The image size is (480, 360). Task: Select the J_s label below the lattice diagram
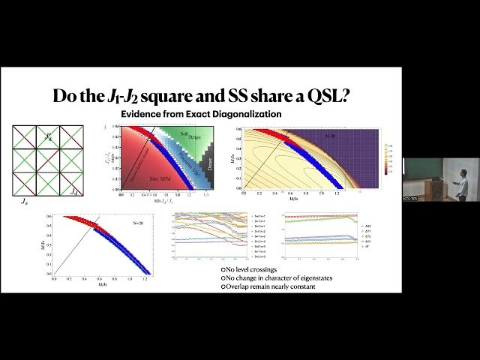tap(23, 201)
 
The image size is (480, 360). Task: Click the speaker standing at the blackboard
tap(458, 180)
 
